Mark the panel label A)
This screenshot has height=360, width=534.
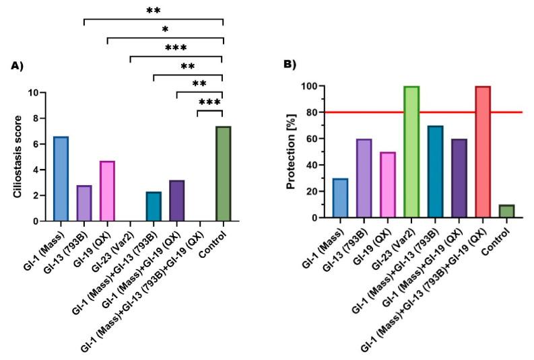[x=18, y=65]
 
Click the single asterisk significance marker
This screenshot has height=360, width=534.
[x=165, y=30]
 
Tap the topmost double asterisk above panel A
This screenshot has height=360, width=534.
[x=154, y=11]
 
